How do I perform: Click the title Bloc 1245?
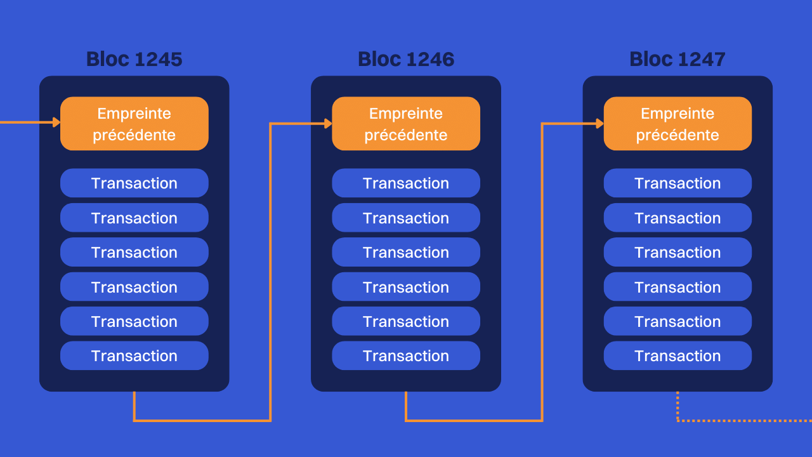(134, 59)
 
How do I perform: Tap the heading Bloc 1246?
(406, 59)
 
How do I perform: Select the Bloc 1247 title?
(678, 59)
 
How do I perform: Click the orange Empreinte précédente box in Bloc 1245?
(134, 124)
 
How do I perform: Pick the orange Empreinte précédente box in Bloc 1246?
(406, 124)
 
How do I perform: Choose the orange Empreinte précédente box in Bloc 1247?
(678, 124)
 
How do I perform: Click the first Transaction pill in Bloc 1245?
(134, 183)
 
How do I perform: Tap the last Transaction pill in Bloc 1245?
(134, 356)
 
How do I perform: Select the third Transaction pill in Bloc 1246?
(406, 253)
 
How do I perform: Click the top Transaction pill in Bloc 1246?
(406, 183)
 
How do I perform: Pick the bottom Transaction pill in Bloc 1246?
(406, 356)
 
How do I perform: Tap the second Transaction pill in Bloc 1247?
(678, 218)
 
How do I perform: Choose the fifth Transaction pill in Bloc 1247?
(678, 322)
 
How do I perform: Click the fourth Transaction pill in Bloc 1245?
(134, 287)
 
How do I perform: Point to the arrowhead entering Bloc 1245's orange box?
(56, 123)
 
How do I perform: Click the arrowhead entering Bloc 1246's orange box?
(328, 124)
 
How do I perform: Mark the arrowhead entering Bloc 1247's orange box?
(599, 124)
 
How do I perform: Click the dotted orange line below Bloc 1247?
(742, 420)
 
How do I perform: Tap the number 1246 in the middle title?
(430, 59)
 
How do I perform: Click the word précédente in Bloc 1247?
(678, 135)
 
